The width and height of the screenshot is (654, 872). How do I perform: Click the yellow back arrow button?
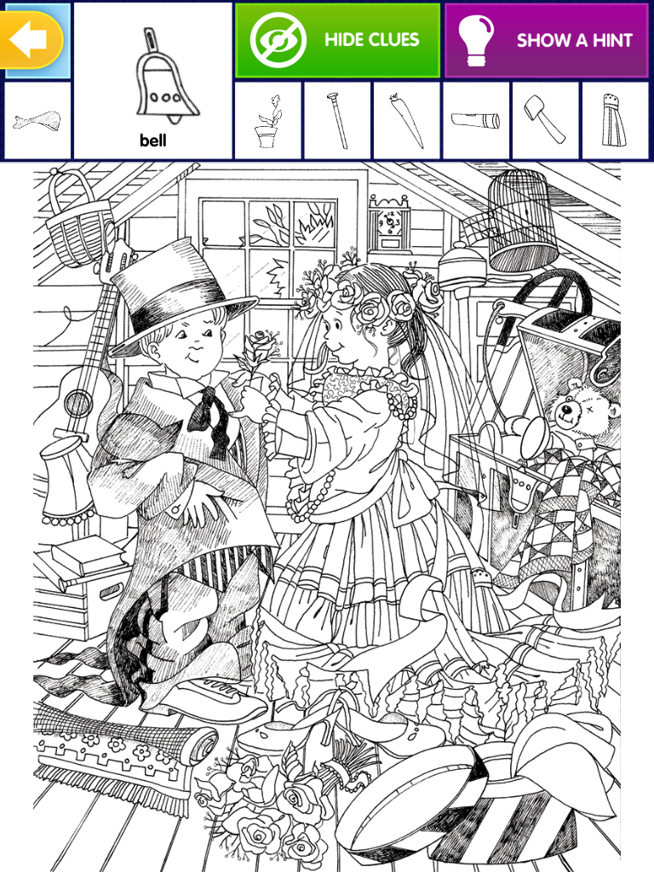(x=32, y=39)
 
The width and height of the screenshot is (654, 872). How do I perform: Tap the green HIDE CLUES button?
(x=337, y=40)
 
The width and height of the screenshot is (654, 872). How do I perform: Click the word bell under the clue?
(x=153, y=141)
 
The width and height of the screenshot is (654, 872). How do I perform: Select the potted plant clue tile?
(x=268, y=121)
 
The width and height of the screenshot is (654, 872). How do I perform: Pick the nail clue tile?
(x=337, y=121)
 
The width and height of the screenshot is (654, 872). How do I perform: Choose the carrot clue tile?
(x=407, y=121)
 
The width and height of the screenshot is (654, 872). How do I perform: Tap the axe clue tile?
(x=546, y=121)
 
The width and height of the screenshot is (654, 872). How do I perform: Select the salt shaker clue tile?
(x=615, y=121)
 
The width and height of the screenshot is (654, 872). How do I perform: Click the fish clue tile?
(x=37, y=121)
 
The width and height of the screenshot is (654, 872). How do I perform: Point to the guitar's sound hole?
(x=78, y=402)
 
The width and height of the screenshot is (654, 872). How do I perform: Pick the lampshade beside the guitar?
(x=66, y=479)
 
